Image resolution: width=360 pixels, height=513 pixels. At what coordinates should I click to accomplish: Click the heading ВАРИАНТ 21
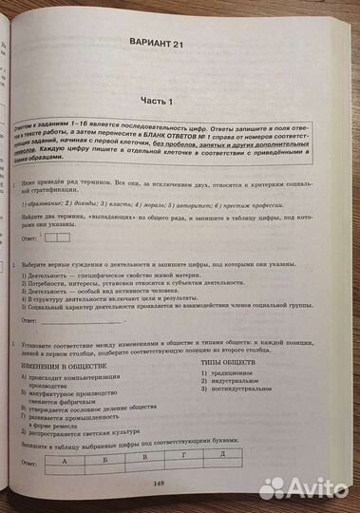[x=181, y=44]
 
